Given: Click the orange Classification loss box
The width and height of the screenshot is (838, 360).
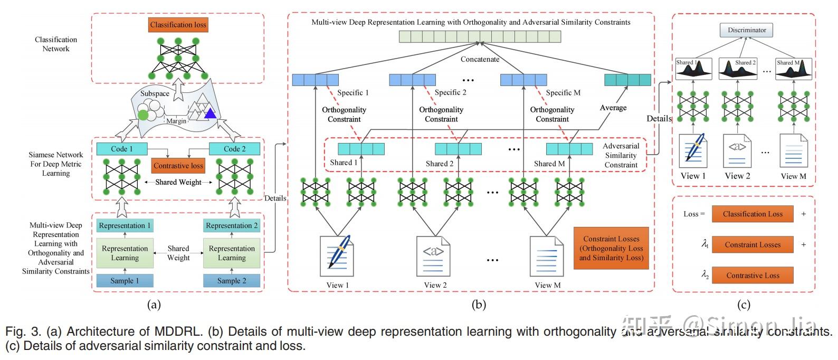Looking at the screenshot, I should tap(178, 25).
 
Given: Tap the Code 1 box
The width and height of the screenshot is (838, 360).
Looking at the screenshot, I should tap(122, 149).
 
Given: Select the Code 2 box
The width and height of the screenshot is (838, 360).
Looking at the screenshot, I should tap(234, 149).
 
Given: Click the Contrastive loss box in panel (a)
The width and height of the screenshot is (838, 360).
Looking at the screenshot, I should tap(178, 166).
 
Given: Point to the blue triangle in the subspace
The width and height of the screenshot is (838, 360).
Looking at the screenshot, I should tap(211, 113).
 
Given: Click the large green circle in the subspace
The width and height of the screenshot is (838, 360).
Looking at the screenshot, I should tap(143, 113).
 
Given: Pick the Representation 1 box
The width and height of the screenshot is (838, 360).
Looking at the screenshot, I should tap(125, 225).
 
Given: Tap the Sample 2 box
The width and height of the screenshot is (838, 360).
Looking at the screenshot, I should tap(232, 280).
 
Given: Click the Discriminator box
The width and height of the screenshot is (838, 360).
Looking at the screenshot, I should tap(747, 30).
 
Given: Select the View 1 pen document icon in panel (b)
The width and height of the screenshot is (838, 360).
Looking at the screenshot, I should tap(337, 256).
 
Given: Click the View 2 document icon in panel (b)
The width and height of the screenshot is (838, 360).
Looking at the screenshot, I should tap(434, 256).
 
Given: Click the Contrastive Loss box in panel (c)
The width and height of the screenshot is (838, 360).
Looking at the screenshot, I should tap(753, 275).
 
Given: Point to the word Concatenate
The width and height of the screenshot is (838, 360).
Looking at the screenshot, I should tap(480, 59).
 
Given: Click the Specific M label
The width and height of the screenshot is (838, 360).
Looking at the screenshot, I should tap(563, 92).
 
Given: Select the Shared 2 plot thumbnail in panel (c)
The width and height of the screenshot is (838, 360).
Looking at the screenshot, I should tap(737, 69).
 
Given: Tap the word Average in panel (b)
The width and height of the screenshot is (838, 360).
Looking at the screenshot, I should tap(613, 108).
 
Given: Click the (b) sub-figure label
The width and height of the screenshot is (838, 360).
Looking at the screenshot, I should tap(479, 305).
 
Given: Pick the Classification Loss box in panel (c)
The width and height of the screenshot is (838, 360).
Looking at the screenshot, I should tap(753, 214).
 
